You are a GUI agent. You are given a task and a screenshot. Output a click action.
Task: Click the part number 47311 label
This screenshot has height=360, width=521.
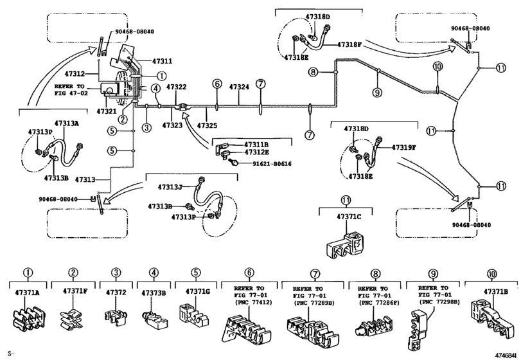(162, 61)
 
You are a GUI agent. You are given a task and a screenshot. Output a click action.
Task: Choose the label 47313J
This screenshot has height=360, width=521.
(171, 187)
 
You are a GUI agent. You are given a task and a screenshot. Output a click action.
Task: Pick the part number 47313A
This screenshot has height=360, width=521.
(67, 123)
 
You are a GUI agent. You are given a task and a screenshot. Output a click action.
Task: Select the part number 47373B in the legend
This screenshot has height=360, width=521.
(154, 292)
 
